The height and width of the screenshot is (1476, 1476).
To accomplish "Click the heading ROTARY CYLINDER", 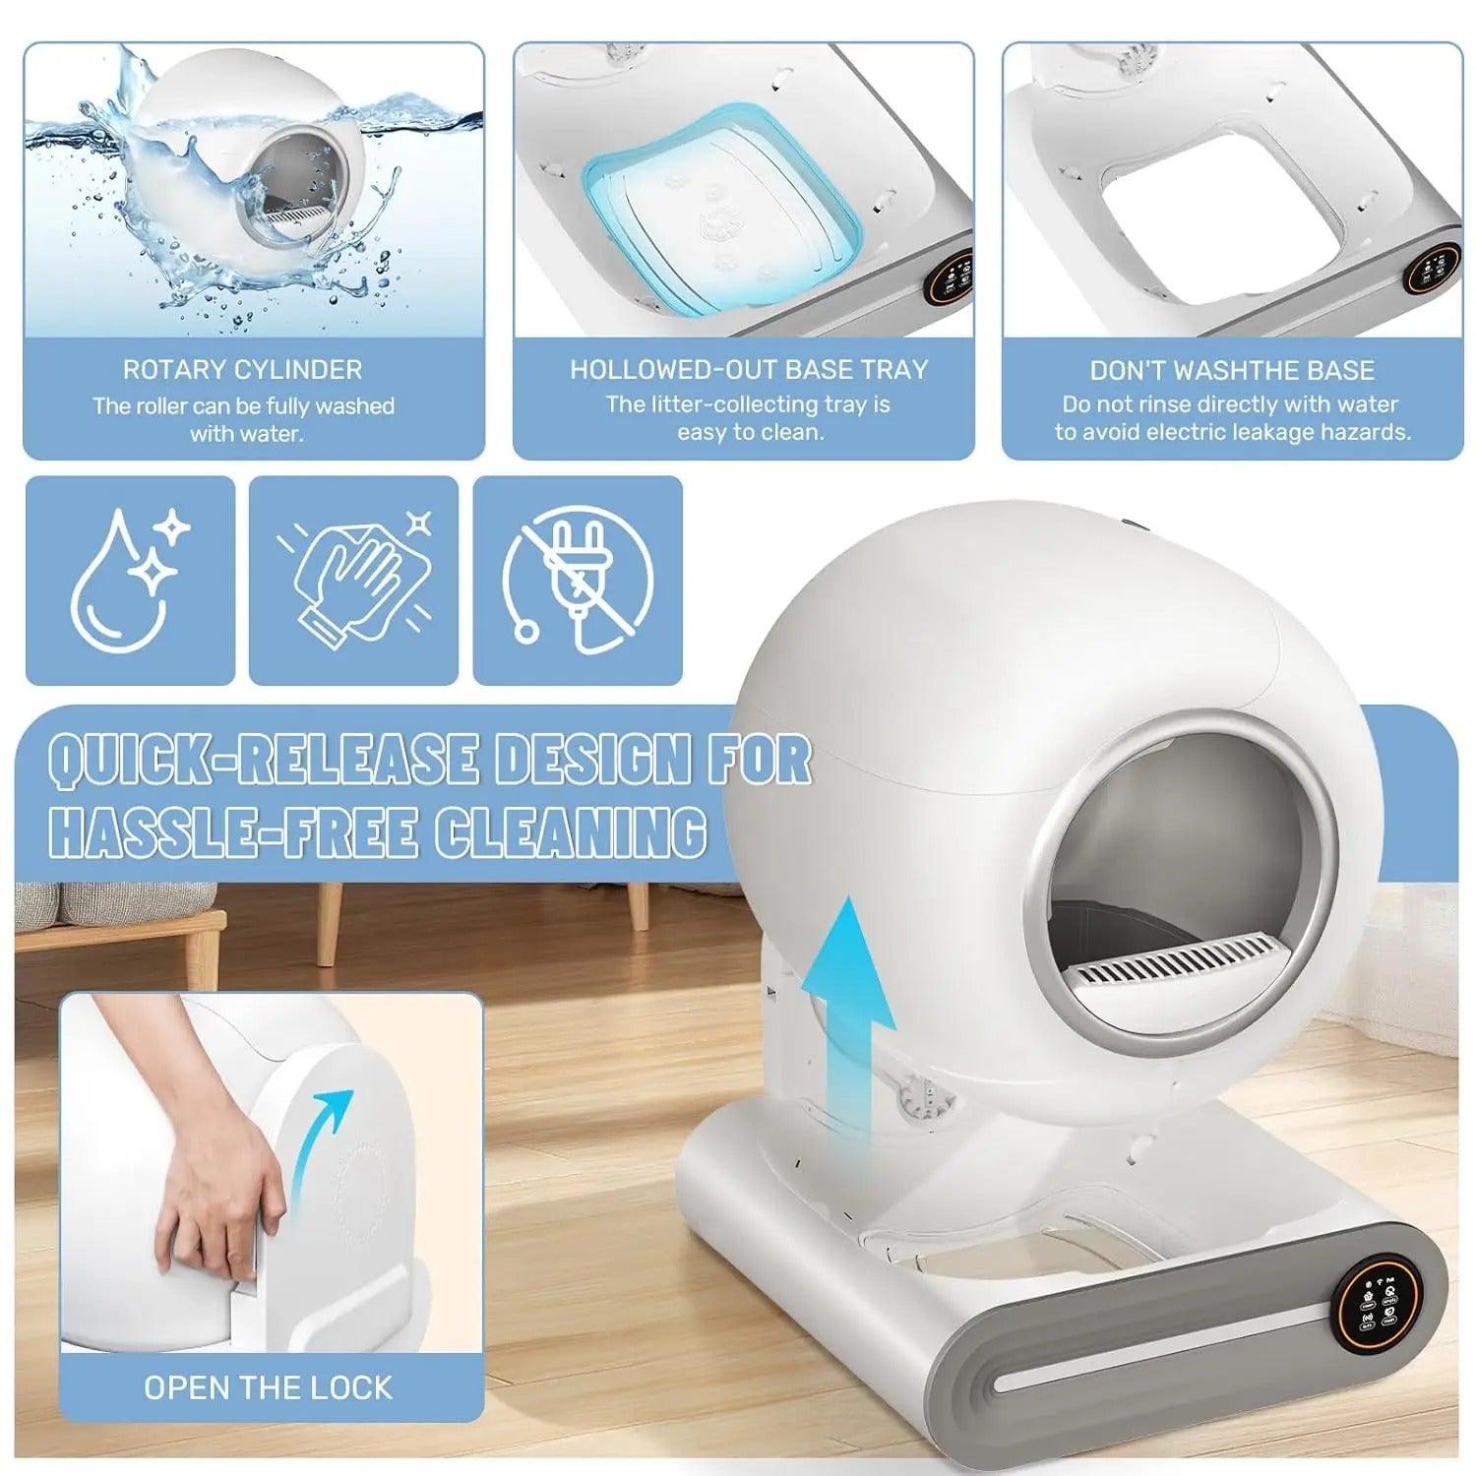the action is tap(242, 370).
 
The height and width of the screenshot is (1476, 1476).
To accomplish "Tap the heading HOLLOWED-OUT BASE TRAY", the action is tap(749, 369).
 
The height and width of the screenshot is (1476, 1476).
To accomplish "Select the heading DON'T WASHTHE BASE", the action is tap(1232, 370).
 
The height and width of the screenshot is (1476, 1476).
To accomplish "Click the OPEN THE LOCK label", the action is tap(269, 1387).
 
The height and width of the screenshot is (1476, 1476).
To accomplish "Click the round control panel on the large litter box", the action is tap(1373, 1309).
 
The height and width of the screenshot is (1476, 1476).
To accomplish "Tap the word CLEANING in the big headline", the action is tap(570, 831).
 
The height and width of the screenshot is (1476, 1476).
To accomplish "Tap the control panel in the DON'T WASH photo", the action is tap(1433, 265).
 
